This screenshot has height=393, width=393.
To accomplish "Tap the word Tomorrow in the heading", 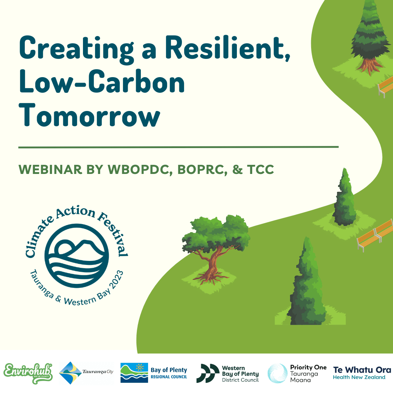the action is [89, 116].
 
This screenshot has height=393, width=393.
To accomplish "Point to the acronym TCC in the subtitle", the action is [261, 170].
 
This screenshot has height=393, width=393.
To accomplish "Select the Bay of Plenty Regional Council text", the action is [169, 373].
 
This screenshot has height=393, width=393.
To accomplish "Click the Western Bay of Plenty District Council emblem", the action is [208, 373].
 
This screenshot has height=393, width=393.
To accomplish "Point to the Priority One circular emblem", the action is [277, 373].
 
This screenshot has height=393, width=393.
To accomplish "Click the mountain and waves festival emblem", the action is [77, 256].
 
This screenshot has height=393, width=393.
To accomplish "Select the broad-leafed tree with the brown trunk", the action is [215, 248].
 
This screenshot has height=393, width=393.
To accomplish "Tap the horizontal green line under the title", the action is [178, 147].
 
